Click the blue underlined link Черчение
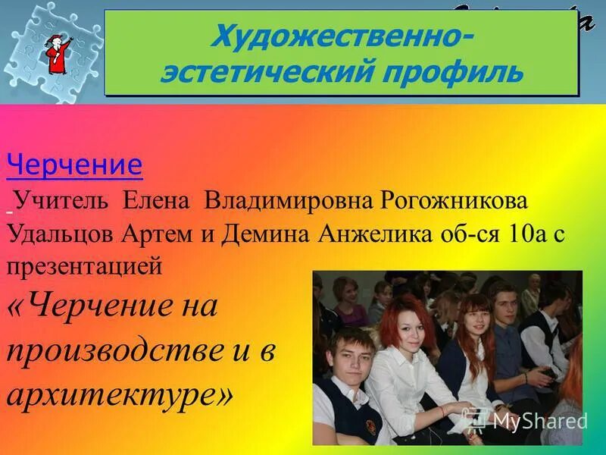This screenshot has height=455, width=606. (x=74, y=165)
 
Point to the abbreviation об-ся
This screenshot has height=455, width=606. (x=469, y=233)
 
